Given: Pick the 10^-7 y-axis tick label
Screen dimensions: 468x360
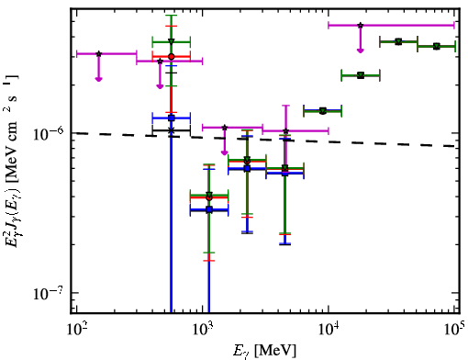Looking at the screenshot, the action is click(49, 293).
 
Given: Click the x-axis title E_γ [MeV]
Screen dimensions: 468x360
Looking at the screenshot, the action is click(264, 351).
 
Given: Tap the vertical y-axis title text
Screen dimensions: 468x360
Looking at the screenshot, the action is click(13, 163).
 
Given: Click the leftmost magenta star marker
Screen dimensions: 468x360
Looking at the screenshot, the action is click(98, 54).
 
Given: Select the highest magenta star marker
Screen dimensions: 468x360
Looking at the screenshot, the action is click(361, 25).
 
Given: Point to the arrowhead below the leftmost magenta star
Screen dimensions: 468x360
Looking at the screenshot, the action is click(98, 79).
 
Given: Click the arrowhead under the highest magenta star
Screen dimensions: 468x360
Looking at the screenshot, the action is click(361, 51).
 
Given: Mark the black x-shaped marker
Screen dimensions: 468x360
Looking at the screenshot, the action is click(171, 130).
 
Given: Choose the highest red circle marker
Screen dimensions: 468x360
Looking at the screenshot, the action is click(172, 57).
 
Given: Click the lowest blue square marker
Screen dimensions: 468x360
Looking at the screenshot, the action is click(209, 209).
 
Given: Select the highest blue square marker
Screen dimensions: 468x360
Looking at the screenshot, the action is click(172, 118).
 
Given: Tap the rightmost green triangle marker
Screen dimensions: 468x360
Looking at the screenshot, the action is click(437, 46).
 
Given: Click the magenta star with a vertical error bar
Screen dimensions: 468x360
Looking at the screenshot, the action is click(285, 131).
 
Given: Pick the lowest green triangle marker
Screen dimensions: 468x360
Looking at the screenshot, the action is click(209, 195).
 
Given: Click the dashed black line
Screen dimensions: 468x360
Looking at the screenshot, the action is click(265, 140).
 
